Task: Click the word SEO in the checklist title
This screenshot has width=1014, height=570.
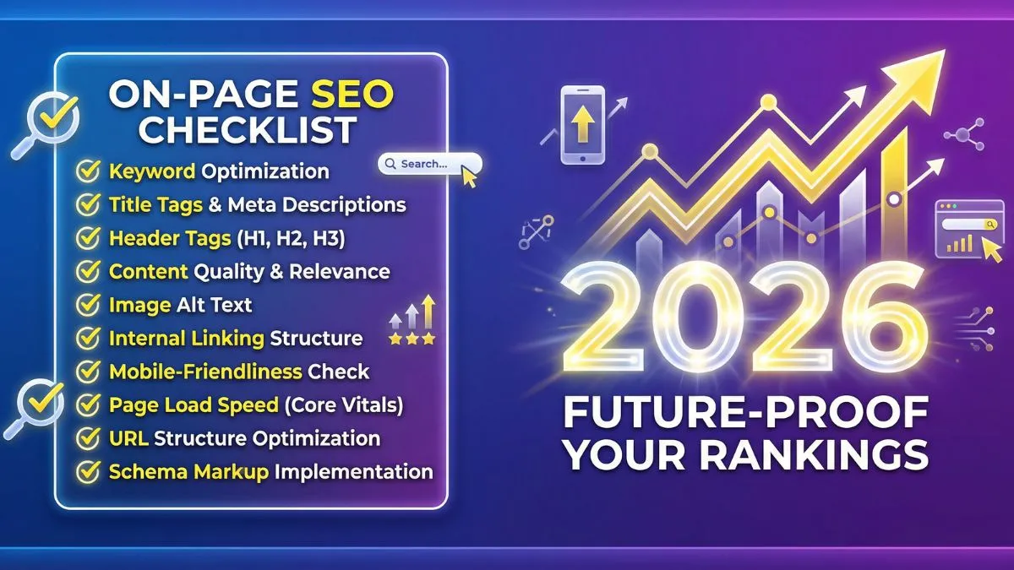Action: (352, 95)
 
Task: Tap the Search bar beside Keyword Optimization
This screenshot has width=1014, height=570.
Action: (428, 164)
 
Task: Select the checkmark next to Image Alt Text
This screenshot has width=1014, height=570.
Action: (88, 304)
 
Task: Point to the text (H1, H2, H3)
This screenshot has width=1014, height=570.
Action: (291, 238)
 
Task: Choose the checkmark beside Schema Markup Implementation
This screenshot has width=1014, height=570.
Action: (88, 471)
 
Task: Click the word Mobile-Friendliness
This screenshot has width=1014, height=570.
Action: (205, 372)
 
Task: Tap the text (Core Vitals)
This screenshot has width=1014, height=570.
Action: (344, 404)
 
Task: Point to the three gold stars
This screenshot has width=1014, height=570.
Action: (412, 339)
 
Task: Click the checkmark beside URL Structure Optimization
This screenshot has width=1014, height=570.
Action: (88, 438)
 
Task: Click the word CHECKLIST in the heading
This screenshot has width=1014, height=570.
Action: (248, 130)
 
